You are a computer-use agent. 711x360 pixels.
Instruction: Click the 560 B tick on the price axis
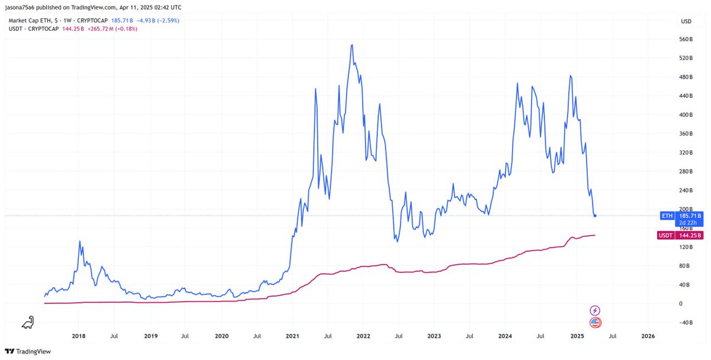686,40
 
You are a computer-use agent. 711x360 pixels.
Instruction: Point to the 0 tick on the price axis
681,304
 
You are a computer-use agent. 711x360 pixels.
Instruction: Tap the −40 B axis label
686,323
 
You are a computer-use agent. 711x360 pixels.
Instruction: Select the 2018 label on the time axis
78,336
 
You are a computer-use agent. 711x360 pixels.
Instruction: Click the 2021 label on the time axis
292,336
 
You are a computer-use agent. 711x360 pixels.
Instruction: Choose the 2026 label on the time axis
648,336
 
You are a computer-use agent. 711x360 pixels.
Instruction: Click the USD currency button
686,21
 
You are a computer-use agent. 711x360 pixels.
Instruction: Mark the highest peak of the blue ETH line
352,44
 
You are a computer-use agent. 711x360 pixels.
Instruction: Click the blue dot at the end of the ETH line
595,216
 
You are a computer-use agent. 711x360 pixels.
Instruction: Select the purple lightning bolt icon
595,310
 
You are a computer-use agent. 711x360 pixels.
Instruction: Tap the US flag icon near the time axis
595,323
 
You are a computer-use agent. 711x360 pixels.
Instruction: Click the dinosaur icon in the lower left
28,323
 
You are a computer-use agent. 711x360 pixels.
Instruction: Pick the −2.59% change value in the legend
167,21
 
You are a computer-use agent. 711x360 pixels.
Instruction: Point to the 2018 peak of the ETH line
79,242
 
